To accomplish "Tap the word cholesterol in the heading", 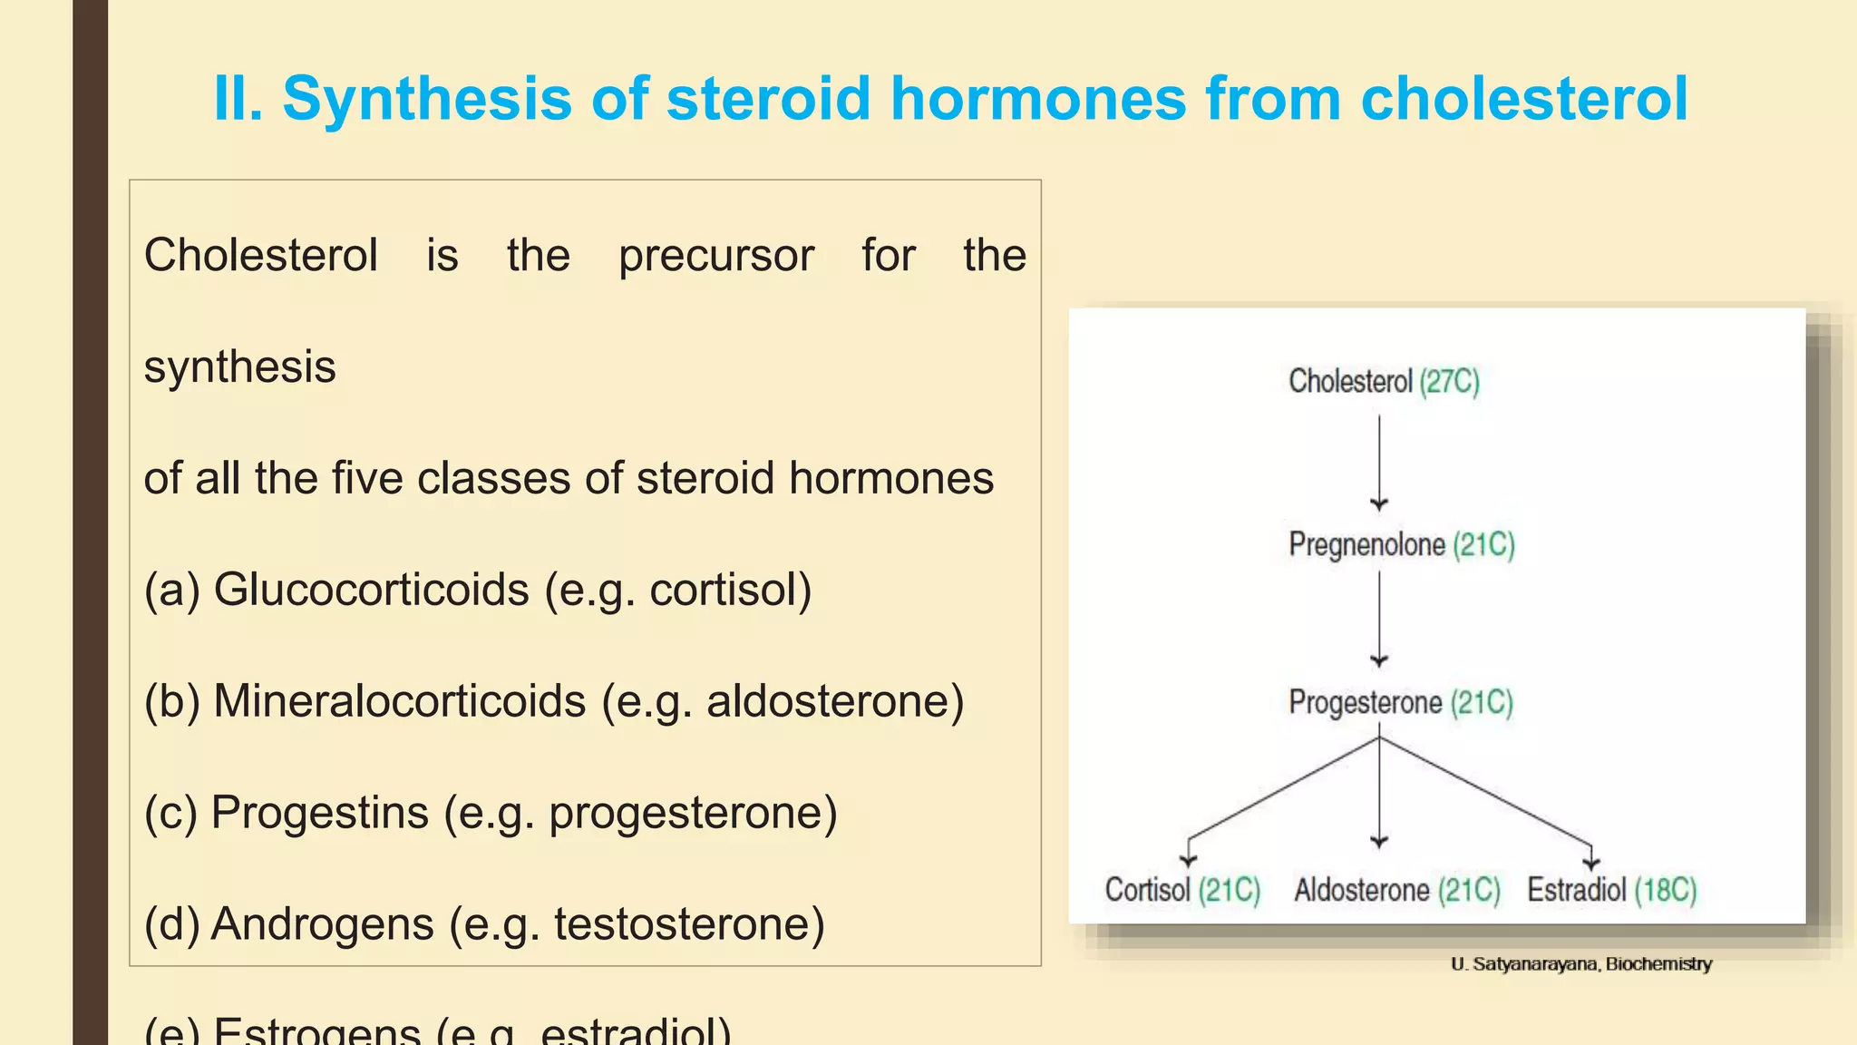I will pyautogui.click(x=1523, y=98).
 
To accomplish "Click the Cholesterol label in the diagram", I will pyautogui.click(x=1350, y=381).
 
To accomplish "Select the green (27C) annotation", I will pyautogui.click(x=1449, y=381).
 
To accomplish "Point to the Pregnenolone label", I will pyautogui.click(x=1366, y=544).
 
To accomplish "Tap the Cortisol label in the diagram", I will pyautogui.click(x=1147, y=890).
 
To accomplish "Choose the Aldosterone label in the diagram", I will pyautogui.click(x=1361, y=890).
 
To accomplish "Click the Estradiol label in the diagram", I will pyautogui.click(x=1576, y=890).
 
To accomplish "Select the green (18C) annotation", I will pyautogui.click(x=1666, y=890).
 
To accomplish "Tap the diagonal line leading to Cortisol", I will pyautogui.click(x=1283, y=788).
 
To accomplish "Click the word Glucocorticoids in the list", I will pyautogui.click(x=371, y=590).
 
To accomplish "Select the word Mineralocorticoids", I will pyautogui.click(x=399, y=701).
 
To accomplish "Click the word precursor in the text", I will pyautogui.click(x=716, y=255).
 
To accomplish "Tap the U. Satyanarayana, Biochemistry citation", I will pyautogui.click(x=1581, y=964).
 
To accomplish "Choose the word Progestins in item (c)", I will pyautogui.click(x=319, y=813).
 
